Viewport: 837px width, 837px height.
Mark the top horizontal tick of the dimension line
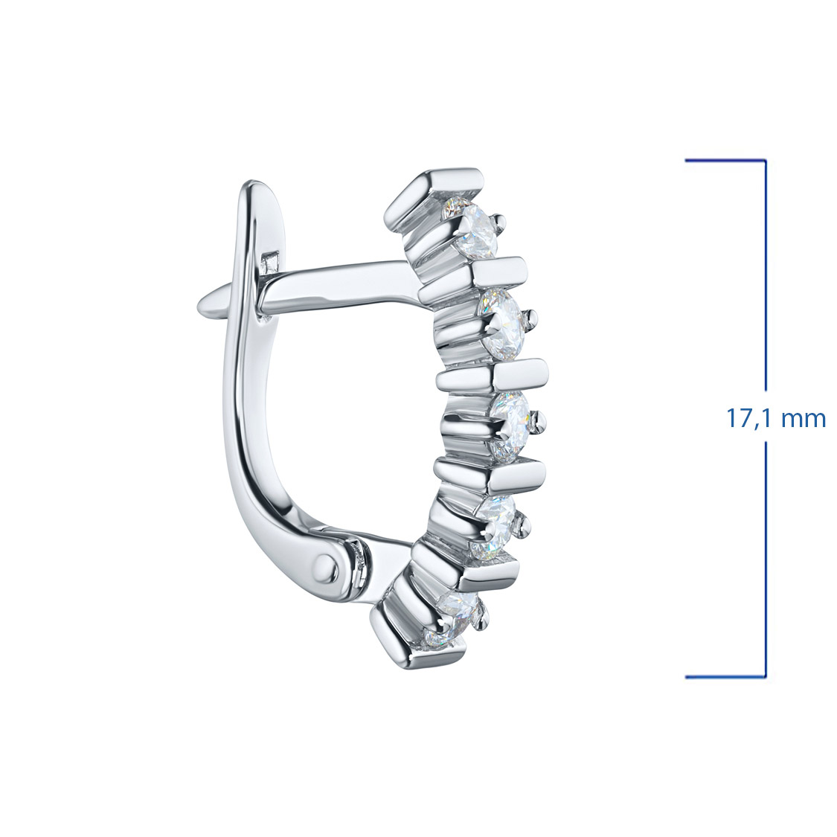pyautogui.click(x=725, y=160)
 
